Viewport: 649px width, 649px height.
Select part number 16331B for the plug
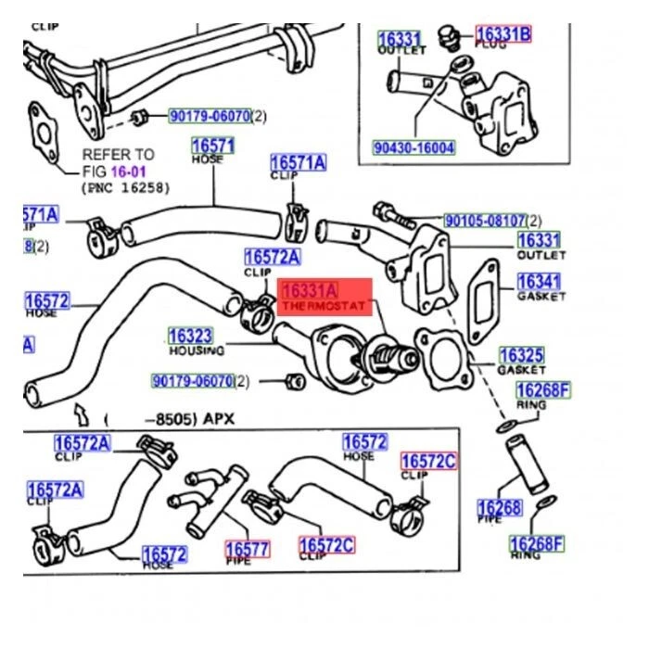tap(503, 34)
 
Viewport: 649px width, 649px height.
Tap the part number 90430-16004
tap(414, 147)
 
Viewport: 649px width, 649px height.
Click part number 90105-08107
tap(484, 221)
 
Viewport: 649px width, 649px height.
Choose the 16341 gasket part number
tap(539, 281)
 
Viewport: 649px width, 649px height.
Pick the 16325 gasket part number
tap(522, 355)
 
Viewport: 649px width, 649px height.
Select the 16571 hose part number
tap(212, 146)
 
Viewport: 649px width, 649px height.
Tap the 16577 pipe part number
tap(246, 549)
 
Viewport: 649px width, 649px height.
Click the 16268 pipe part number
tap(499, 507)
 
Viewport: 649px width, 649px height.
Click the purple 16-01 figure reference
tap(129, 172)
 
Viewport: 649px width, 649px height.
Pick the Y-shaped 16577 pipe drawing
tap(207, 502)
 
